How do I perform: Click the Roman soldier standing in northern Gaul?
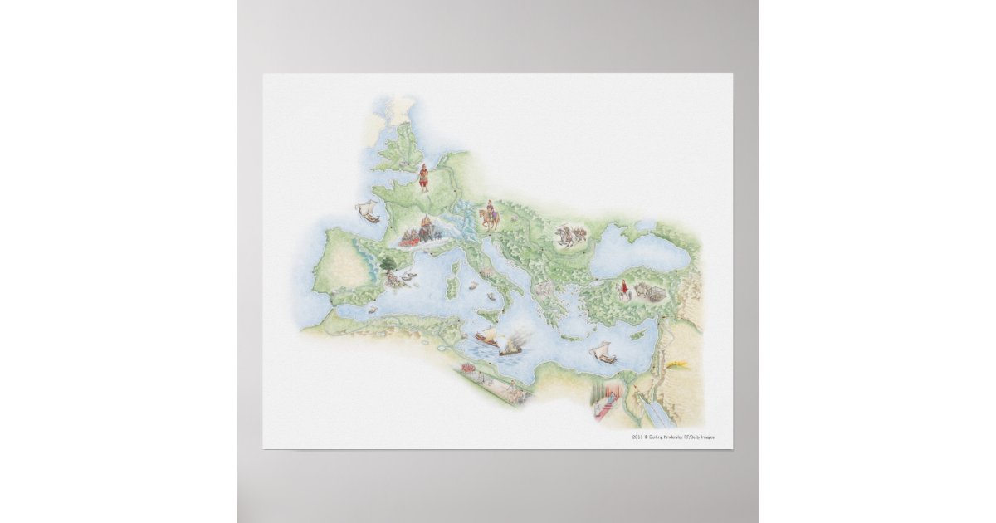tap(424, 177)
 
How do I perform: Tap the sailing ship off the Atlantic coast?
tap(367, 213)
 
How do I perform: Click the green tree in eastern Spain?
tap(388, 266)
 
